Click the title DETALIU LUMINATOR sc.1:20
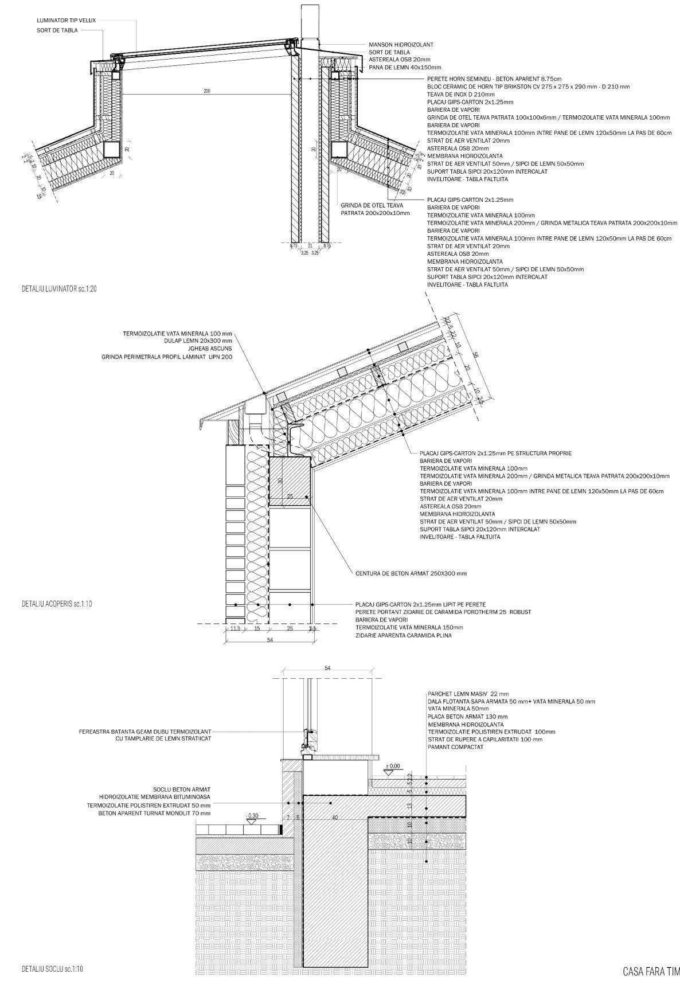59,289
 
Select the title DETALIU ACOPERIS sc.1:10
57,604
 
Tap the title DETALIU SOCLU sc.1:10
53,968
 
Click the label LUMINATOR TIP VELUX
66,21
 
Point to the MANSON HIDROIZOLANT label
401,45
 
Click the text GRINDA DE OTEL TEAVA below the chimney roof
372,205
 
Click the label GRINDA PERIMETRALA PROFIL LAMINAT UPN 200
167,357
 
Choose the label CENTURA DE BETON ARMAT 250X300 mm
411,573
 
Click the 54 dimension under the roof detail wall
270,640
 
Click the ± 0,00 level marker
393,766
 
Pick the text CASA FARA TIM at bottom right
651,971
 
